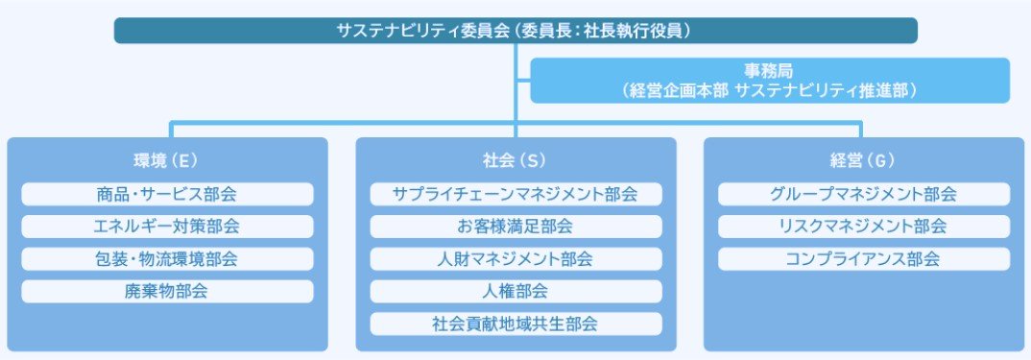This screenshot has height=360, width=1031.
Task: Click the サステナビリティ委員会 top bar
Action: click(515, 30)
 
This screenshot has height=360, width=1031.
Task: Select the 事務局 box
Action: click(770, 81)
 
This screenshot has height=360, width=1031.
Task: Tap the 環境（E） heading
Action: click(167, 159)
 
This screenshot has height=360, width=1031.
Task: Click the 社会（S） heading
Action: click(515, 159)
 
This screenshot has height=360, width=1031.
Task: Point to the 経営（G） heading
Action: click(863, 159)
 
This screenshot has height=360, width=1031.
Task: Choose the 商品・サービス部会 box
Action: click(167, 194)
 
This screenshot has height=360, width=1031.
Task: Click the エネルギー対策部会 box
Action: click(167, 227)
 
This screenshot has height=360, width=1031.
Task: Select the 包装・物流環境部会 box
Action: click(167, 259)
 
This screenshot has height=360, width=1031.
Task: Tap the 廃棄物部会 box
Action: click(167, 291)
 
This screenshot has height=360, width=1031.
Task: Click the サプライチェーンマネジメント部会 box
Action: click(515, 194)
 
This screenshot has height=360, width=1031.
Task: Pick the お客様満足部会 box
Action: click(515, 227)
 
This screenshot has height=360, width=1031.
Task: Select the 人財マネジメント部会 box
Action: click(515, 259)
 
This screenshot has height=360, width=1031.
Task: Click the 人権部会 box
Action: click(515, 291)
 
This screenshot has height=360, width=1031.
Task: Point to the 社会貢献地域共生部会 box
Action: click(515, 324)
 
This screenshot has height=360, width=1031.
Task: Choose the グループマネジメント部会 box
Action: click(863, 194)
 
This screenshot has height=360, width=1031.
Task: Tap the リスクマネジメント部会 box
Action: click(863, 227)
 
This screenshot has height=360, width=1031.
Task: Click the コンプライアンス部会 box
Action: click(863, 259)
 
